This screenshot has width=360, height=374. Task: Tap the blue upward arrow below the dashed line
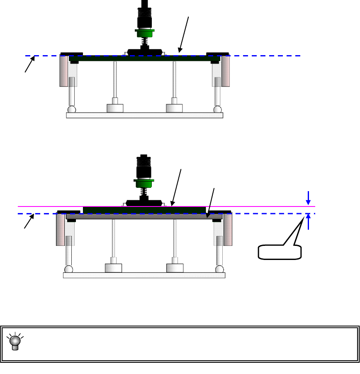[308, 221]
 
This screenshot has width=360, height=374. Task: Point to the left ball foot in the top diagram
[72, 109]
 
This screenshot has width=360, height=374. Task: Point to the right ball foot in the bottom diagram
[219, 269]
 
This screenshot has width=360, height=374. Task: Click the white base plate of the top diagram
[144, 115]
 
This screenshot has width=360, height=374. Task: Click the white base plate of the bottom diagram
[144, 275]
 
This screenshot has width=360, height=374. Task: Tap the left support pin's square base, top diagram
[115, 108]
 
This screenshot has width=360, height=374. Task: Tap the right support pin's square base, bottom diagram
[175, 268]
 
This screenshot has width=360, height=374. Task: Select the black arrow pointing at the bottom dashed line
[27, 223]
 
